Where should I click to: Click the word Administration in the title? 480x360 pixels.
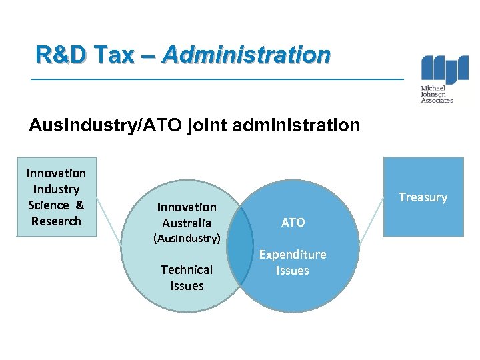point(245,55)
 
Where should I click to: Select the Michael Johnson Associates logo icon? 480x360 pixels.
point(444,69)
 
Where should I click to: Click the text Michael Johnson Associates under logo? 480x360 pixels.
point(437,94)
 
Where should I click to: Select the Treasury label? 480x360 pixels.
point(423,197)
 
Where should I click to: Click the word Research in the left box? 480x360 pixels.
point(56,221)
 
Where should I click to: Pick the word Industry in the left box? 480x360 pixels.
point(56,189)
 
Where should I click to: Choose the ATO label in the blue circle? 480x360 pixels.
point(293,223)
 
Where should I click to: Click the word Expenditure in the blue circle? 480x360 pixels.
point(293,255)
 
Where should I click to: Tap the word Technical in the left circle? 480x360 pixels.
point(187,270)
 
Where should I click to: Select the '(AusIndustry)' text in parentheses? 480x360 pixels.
point(187,238)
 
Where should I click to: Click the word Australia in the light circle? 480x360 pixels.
point(187,223)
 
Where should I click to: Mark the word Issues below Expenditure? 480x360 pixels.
point(293,271)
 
